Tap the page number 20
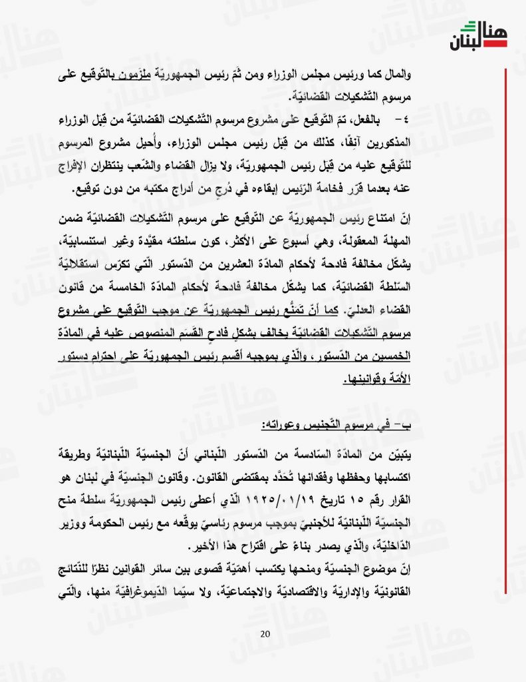(265, 633)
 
